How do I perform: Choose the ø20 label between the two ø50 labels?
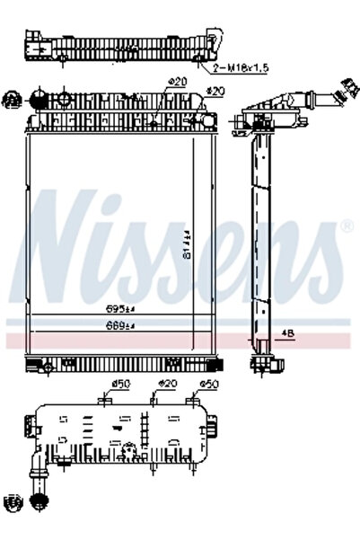tap(168, 385)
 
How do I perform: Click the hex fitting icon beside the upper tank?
tap(13, 98)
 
